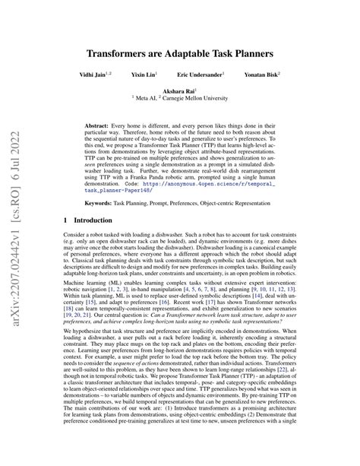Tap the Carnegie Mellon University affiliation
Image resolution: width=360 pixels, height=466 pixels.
click(216, 98)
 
